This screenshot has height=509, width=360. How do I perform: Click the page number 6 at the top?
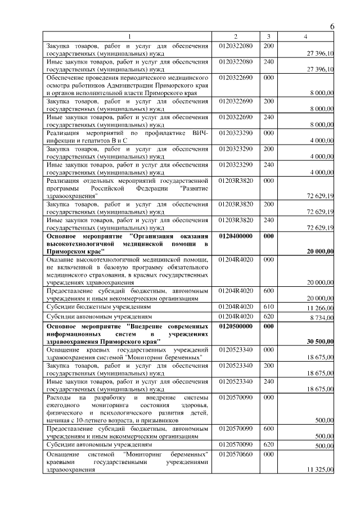[332, 26]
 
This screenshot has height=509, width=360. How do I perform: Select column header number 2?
[236, 37]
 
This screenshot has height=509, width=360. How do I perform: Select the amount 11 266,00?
[320, 309]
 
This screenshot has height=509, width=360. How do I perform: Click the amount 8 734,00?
[321, 318]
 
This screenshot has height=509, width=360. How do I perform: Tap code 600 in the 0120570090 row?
[268, 429]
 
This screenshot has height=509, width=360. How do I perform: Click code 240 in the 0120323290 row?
[268, 165]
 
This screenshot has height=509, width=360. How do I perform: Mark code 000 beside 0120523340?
[268, 349]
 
